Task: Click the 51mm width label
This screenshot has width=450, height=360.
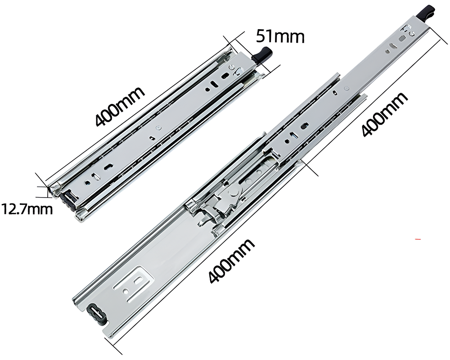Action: pyautogui.click(x=280, y=36)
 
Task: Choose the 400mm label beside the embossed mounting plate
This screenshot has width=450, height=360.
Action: pyautogui.click(x=231, y=261)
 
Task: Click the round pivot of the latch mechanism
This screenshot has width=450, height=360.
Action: pyautogui.click(x=233, y=193)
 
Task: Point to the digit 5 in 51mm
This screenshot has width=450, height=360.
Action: pyautogui.click(x=260, y=36)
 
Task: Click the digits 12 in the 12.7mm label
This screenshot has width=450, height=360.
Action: pyautogui.click(x=11, y=209)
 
